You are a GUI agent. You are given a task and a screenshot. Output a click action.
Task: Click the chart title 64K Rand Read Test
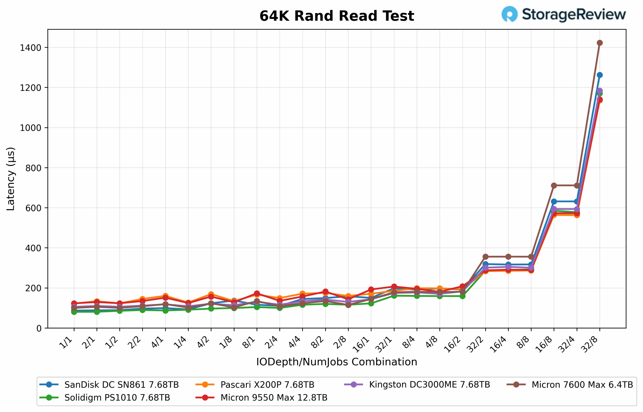click(x=337, y=16)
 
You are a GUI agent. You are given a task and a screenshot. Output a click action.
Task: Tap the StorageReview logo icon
click(x=509, y=14)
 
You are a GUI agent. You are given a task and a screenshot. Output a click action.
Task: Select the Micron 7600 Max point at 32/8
click(x=600, y=43)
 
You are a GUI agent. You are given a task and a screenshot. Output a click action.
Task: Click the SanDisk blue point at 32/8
click(x=600, y=75)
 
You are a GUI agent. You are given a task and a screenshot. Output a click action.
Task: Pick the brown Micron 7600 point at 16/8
click(x=554, y=186)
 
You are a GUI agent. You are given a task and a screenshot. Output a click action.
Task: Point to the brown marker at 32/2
click(x=485, y=257)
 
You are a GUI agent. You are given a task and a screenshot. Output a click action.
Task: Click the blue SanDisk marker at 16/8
click(x=554, y=201)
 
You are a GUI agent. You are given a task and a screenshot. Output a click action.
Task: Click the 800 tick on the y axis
click(x=33, y=168)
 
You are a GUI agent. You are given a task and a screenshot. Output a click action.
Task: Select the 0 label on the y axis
click(x=39, y=329)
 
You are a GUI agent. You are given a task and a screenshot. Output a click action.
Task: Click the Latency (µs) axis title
click(x=11, y=179)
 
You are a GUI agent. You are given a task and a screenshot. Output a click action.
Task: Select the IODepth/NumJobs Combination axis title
click(x=337, y=362)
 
